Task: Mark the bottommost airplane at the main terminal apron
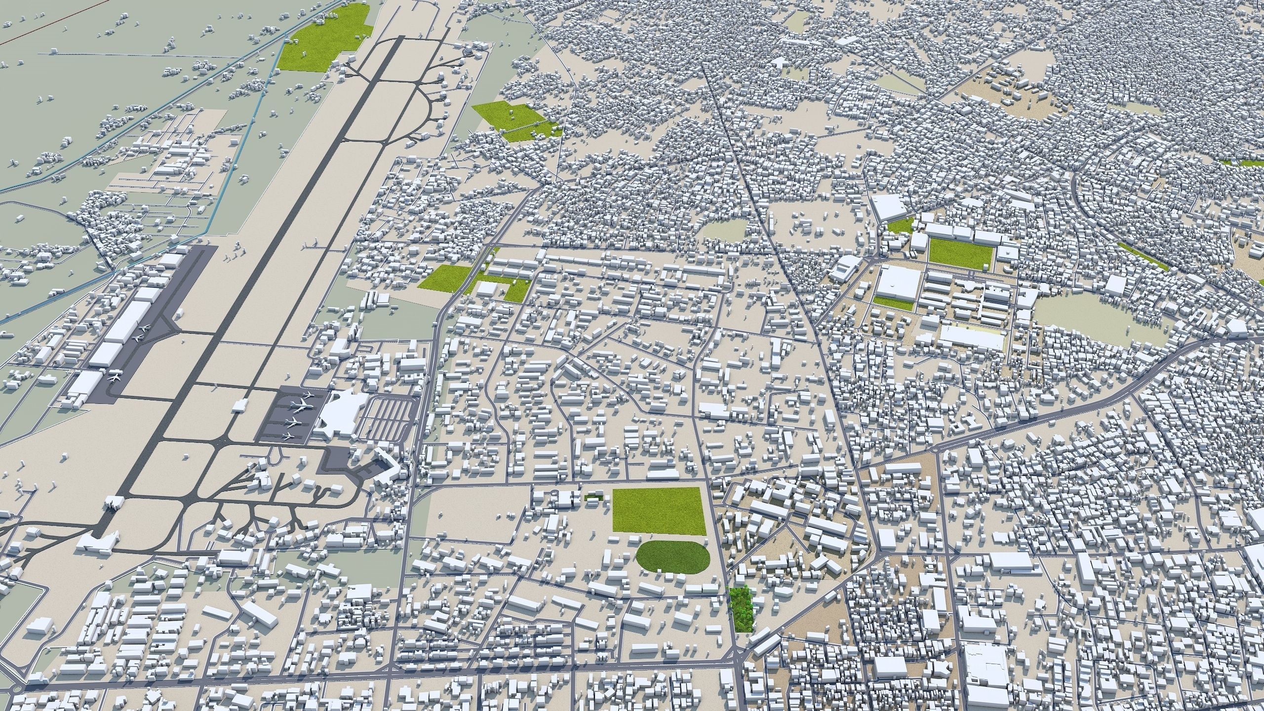coord(288,436)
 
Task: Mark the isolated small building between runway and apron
coord(239,404)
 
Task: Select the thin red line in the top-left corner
coord(49,22)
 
